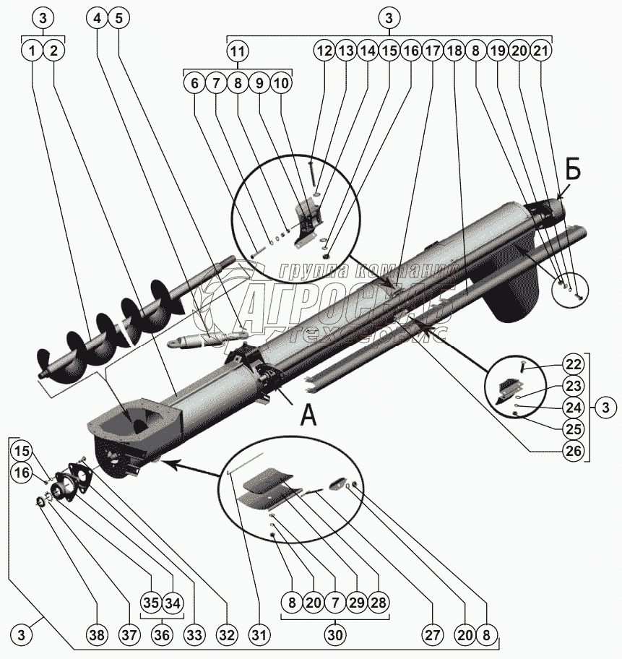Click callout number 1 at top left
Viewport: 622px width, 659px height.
[x=32, y=51]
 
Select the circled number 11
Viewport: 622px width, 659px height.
[x=238, y=51]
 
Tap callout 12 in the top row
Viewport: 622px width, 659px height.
[x=324, y=51]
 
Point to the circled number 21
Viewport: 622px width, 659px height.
[x=541, y=51]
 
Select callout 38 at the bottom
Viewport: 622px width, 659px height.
[x=96, y=636]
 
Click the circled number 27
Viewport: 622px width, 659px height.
[x=432, y=636]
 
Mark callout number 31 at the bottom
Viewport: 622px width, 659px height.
[x=259, y=636]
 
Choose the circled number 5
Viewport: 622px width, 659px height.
[x=118, y=20]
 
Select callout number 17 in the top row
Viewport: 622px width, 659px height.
[x=433, y=51]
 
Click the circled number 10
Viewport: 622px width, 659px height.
[x=281, y=83]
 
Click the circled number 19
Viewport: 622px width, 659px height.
[x=497, y=51]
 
